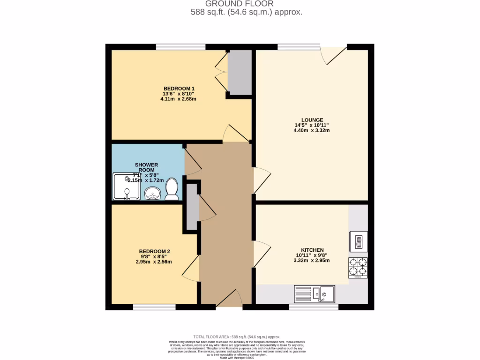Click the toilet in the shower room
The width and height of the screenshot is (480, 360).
coord(172,188)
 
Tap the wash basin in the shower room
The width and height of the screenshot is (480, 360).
coord(152,193)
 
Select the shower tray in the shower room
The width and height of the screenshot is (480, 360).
coord(126,186)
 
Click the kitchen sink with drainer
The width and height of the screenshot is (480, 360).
coord(314,294)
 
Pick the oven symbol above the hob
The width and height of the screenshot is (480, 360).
coord(358,241)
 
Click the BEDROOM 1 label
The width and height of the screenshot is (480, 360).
coord(179,89)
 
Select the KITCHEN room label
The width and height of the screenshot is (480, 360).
coord(313,250)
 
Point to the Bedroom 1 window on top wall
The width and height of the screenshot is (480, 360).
coord(180,46)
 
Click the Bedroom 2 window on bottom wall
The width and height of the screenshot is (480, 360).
coord(154,307)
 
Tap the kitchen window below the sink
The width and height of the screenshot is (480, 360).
coord(313,307)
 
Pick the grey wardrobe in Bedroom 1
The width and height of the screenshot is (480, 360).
coord(240,73)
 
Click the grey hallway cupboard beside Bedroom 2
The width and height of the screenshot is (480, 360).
coord(191,207)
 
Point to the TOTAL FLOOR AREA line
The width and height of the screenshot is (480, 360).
coord(237,337)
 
